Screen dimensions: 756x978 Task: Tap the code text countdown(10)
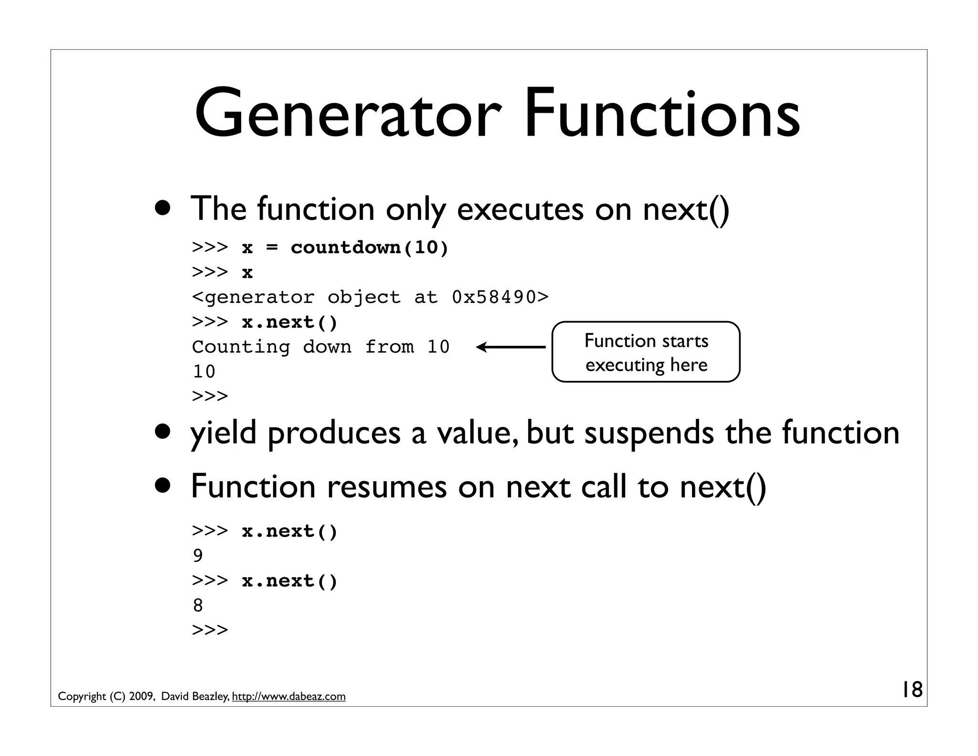click(x=370, y=248)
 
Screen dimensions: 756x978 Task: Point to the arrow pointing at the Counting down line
click(x=511, y=347)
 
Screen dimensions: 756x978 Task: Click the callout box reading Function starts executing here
click(x=646, y=352)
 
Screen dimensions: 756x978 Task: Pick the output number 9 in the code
click(x=198, y=556)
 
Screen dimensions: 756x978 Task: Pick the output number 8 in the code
click(x=198, y=605)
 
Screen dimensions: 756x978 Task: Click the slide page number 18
click(x=911, y=690)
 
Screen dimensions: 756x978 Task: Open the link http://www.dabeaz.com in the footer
click(x=288, y=697)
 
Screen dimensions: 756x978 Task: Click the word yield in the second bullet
click(x=223, y=433)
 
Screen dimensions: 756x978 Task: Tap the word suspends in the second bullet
click(x=649, y=433)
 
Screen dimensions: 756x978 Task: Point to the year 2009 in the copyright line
click(x=141, y=697)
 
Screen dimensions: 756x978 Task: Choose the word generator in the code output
click(x=260, y=297)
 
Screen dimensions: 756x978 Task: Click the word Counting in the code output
click(x=241, y=347)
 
